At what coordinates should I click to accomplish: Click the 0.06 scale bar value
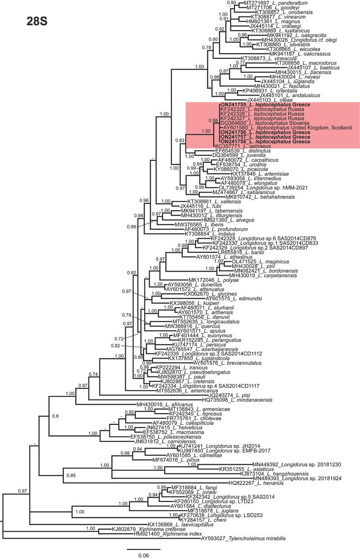(x=143, y=555)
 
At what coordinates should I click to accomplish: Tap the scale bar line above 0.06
(x=143, y=549)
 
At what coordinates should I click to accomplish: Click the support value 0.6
(x=55, y=416)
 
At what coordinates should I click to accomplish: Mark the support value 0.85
(x=71, y=475)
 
